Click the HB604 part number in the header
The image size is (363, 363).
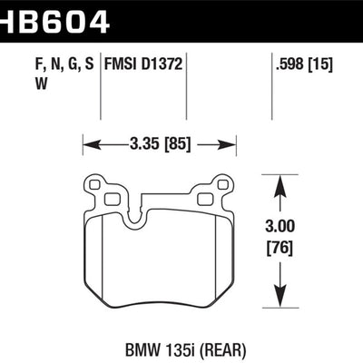54,20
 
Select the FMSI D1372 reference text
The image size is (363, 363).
143,64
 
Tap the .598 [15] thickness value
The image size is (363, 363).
304,64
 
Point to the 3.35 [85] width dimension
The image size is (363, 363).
160,144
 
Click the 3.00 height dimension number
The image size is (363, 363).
280,226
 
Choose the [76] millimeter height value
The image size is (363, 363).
280,249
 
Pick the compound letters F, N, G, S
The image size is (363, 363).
64,64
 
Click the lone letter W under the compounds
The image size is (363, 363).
42,83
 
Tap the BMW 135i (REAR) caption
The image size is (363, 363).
185,350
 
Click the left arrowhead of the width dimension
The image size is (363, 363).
92,144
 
